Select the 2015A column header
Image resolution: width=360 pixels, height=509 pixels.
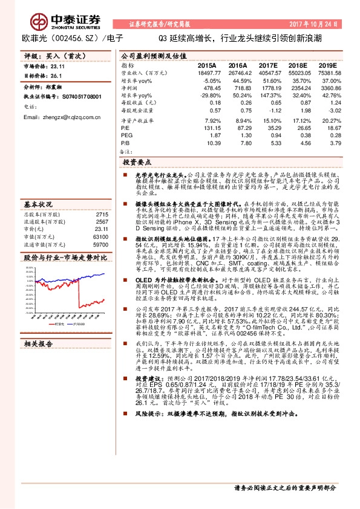coord(208,64)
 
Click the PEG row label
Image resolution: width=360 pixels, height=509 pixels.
coord(126,135)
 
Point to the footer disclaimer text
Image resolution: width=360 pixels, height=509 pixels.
coord(284,487)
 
